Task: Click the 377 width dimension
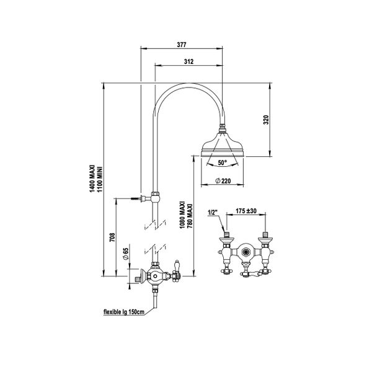(x=182, y=44)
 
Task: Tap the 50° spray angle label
(x=221, y=162)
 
